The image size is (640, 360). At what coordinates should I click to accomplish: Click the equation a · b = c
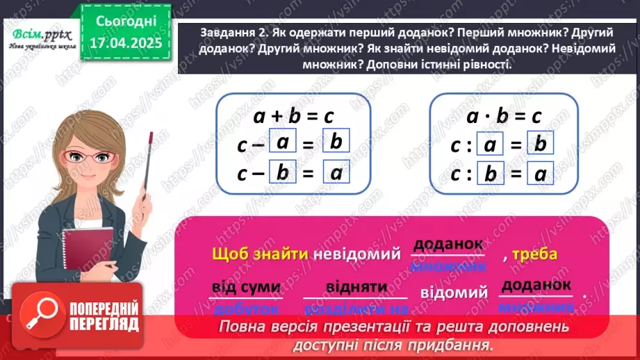pos(504,116)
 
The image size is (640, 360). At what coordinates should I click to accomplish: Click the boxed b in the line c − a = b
pos(336,143)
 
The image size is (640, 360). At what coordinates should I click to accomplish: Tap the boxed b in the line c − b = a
pos(282,173)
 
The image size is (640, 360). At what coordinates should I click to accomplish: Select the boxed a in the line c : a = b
pos(490,145)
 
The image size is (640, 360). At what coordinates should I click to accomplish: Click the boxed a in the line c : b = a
pos(543,174)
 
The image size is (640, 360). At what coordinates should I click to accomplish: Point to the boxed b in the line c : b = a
pos(490,174)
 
